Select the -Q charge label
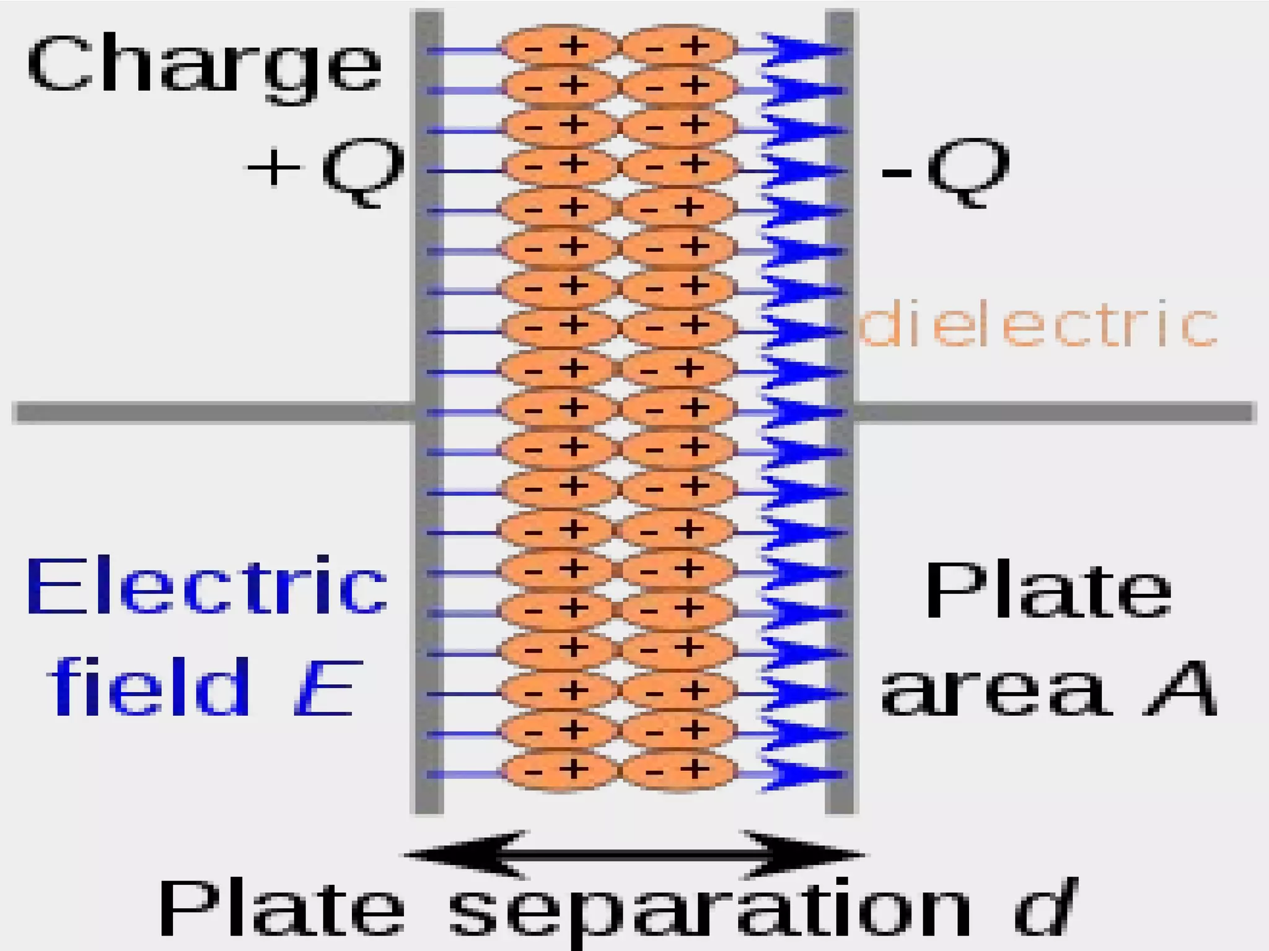coord(945,170)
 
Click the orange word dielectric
coord(1038,324)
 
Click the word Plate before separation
coord(282,908)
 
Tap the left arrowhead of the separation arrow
coord(465,854)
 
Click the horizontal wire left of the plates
coord(211,412)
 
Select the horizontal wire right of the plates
coord(1053,412)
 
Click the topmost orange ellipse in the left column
coord(559,46)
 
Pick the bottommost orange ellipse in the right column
coord(678,770)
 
